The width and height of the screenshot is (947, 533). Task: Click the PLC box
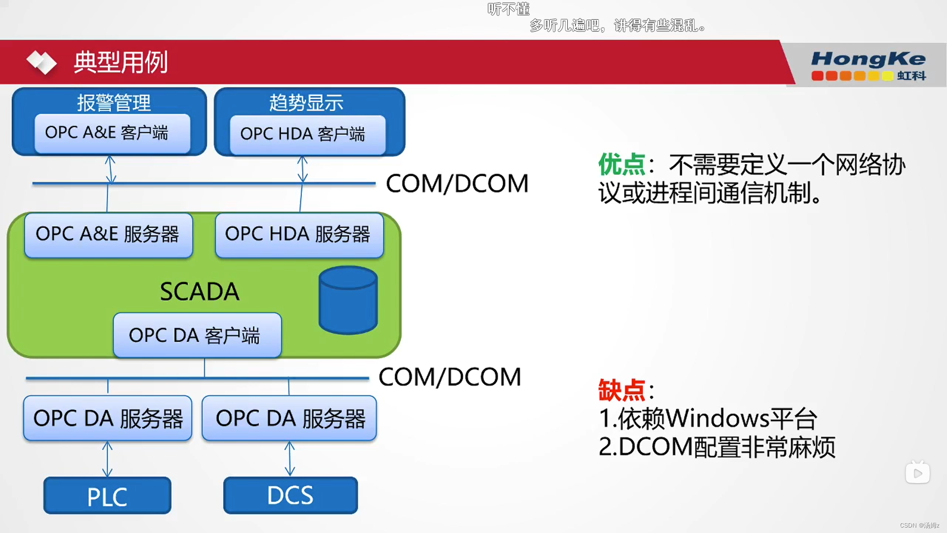[x=108, y=495]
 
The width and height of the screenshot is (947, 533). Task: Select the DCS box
[x=291, y=495]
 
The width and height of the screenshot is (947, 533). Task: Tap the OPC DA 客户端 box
[x=197, y=335]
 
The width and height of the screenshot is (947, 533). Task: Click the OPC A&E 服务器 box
[x=109, y=234]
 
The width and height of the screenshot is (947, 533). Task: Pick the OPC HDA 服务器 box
[x=299, y=234]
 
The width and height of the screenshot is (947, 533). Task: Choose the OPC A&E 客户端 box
[x=112, y=133]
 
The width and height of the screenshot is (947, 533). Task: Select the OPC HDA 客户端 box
[x=307, y=134]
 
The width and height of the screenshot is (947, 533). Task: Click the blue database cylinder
[x=348, y=300]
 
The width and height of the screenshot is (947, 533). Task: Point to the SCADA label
[x=200, y=291]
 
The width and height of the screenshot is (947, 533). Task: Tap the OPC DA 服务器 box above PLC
[x=108, y=419]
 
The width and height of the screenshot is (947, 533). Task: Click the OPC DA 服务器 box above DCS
[x=290, y=419]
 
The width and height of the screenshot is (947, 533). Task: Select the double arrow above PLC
[x=107, y=459]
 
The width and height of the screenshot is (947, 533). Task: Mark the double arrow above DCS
[x=290, y=459]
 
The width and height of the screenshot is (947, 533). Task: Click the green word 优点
[x=621, y=164]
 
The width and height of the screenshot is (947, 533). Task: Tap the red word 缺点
[x=621, y=390]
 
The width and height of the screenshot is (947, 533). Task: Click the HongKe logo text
[x=868, y=60]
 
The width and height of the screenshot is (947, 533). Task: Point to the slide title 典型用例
[x=121, y=63]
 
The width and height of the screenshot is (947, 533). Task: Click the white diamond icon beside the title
[x=41, y=63]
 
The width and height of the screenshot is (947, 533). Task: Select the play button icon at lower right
[x=917, y=473]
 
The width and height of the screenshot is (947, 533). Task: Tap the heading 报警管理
[x=114, y=103]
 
